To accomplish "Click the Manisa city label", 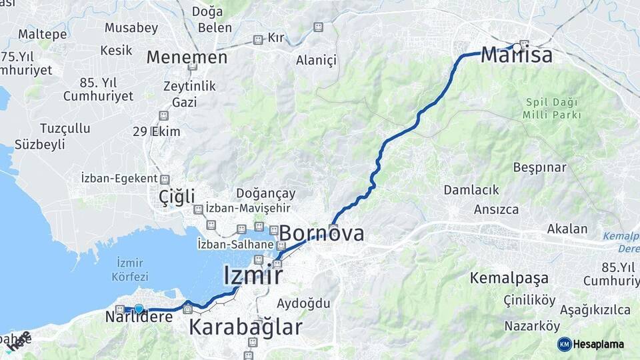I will click(x=517, y=55).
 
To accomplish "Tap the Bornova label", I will click(x=322, y=233).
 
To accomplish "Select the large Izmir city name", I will click(x=253, y=275).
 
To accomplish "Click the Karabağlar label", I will click(x=245, y=327).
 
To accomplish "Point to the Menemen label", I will click(x=187, y=57).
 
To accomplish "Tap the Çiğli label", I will click(x=177, y=197).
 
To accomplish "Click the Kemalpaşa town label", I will click(x=509, y=278).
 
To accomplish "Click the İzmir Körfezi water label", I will click(x=130, y=269).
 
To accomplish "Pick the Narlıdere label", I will click(x=139, y=317).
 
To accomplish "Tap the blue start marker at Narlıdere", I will click(x=139, y=309).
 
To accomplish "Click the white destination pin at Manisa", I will click(x=517, y=47).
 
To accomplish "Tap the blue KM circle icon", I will click(x=565, y=344).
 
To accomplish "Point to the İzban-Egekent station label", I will click(x=119, y=179).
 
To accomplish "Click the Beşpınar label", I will click(x=539, y=167).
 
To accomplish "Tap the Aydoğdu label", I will click(x=304, y=303).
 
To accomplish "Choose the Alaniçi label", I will click(x=316, y=61).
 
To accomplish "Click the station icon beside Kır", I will click(x=258, y=39).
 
